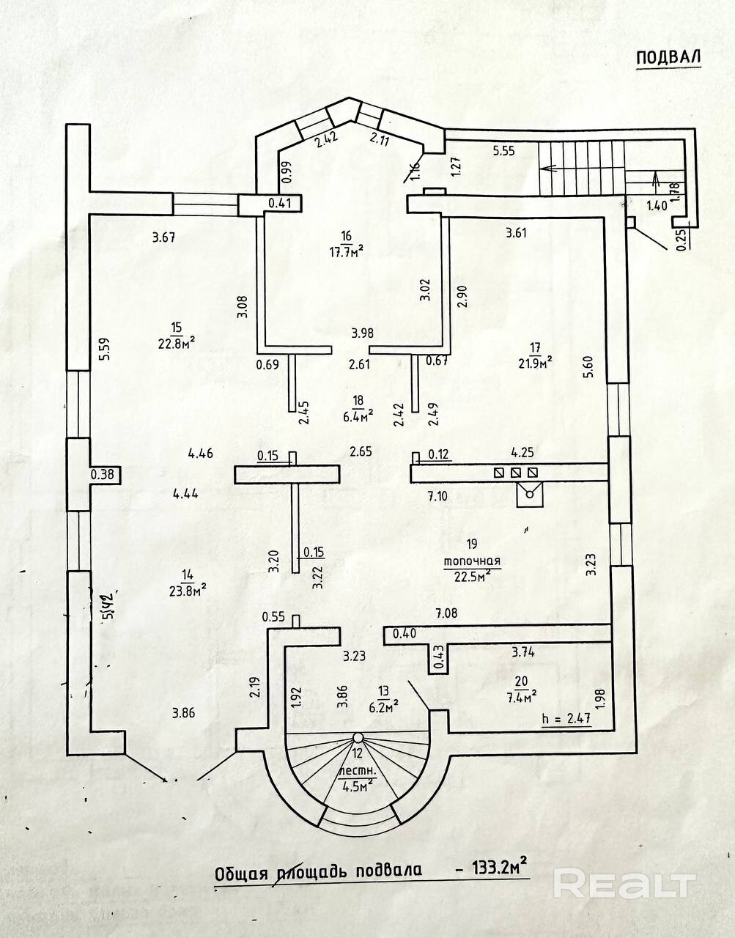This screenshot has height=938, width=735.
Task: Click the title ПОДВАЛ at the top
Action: tap(668, 58)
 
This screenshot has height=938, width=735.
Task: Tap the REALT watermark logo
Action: tap(623, 884)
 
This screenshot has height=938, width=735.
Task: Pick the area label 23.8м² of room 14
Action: tap(187, 586)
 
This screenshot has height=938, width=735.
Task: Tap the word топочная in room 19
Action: tap(472, 561)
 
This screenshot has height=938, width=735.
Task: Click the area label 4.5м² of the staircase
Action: tap(358, 787)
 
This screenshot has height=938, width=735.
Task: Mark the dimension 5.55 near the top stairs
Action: tap(504, 151)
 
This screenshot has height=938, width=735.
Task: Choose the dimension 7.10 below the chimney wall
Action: tap(437, 496)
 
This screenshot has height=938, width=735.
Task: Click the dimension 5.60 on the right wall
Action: tap(587, 366)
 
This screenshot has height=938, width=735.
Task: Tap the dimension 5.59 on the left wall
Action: tap(104, 347)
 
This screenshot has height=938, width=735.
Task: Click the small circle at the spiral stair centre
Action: tap(358, 737)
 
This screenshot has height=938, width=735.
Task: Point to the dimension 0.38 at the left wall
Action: tap(102, 475)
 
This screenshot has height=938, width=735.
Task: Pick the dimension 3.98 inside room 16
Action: tap(362, 333)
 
